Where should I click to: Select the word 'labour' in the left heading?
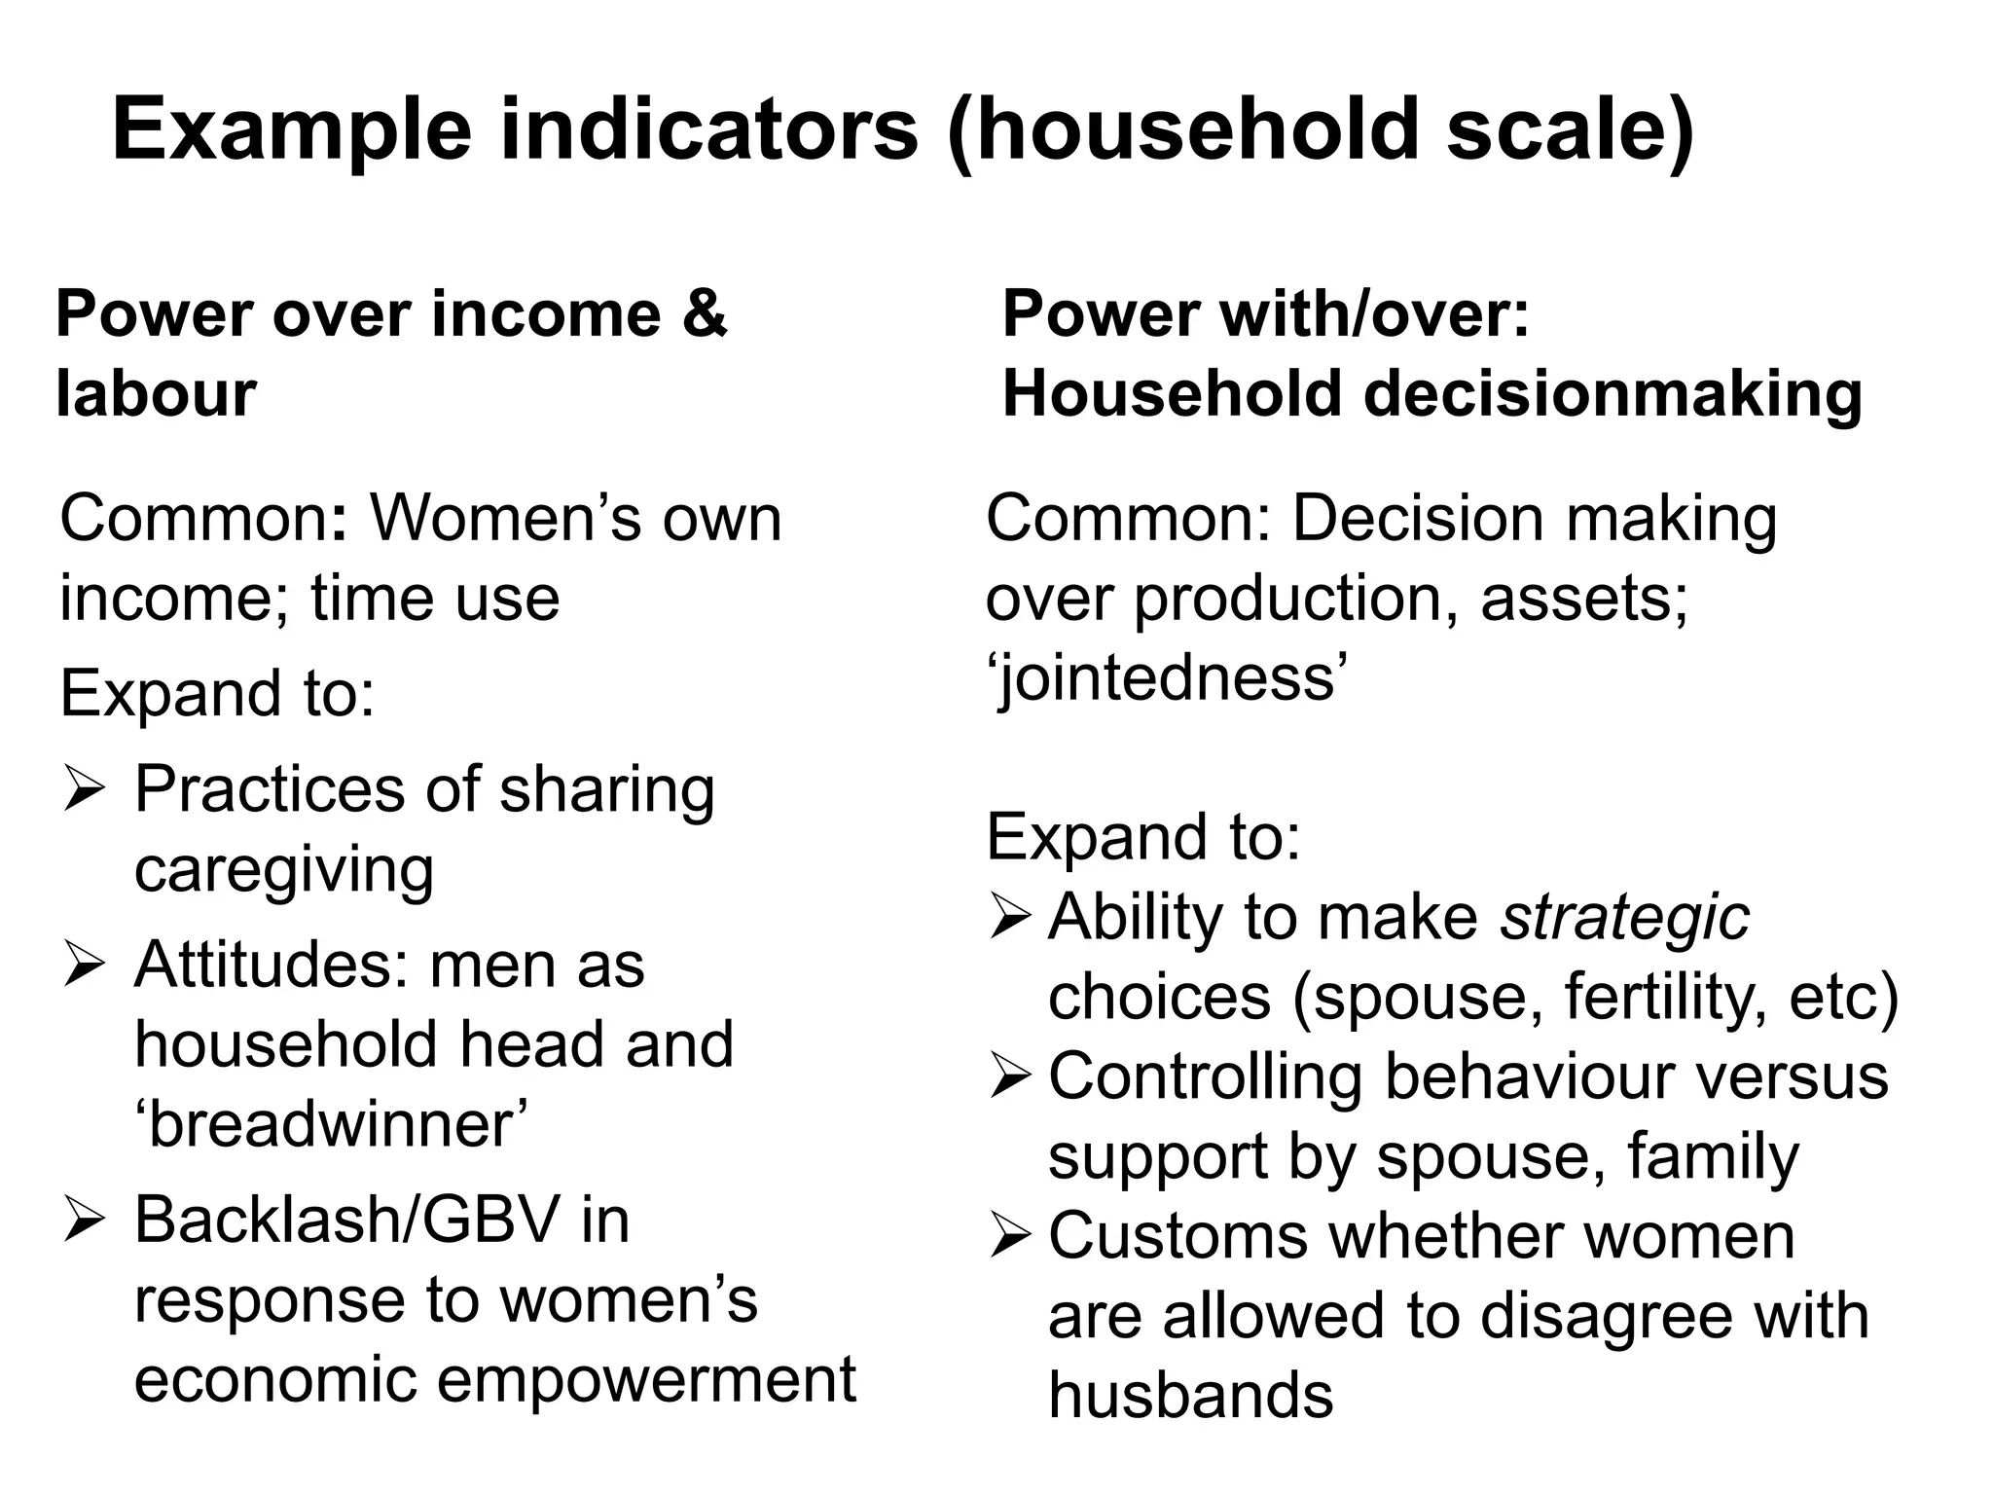coord(156,394)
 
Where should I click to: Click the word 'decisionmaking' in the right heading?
coord(1613,394)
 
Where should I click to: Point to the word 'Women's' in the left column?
coord(506,518)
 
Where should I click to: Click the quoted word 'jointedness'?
coord(1168,678)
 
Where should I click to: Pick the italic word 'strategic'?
coord(1624,917)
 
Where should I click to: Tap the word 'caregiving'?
coord(283,869)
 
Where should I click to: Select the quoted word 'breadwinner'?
coord(331,1125)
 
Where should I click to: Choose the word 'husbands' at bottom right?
coord(1190,1396)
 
